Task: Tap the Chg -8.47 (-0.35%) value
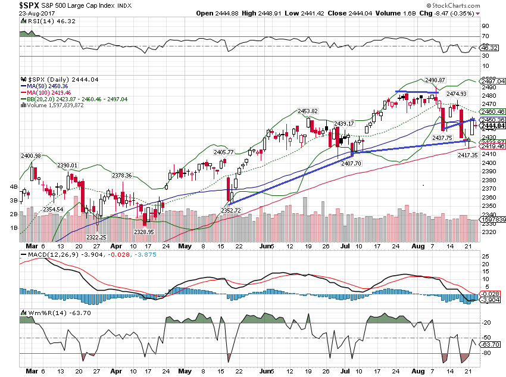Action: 448,13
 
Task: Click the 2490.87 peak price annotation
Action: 435,80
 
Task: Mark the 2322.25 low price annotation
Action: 95,237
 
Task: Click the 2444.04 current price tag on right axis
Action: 493,126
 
